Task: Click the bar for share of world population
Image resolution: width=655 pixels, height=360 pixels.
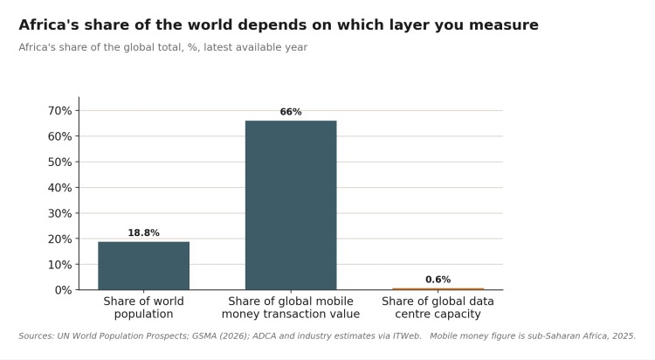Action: (144, 266)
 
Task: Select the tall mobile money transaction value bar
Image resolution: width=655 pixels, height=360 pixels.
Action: (291, 204)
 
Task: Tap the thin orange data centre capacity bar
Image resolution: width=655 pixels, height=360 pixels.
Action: (438, 289)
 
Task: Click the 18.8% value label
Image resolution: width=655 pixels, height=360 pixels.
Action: (144, 233)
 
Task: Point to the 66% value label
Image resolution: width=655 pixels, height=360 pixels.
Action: (291, 112)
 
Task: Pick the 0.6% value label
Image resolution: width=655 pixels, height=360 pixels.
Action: (438, 280)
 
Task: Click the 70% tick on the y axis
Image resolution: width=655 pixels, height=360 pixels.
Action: (59, 110)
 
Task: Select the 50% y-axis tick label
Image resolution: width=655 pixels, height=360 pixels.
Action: (59, 162)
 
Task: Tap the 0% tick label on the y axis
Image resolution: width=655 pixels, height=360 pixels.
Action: (63, 290)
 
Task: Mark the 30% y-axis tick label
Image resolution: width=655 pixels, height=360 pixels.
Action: (59, 213)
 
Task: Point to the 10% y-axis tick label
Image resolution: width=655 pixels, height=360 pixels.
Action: (59, 265)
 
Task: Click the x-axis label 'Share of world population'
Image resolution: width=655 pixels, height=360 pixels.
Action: (144, 308)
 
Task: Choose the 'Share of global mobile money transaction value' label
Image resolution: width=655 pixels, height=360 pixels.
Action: (291, 308)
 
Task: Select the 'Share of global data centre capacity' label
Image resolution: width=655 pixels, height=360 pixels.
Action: (438, 308)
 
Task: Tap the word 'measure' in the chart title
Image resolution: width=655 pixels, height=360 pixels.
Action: (503, 25)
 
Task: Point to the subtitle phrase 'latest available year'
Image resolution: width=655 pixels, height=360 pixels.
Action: (256, 47)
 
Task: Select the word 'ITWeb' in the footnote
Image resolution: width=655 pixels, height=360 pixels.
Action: (406, 336)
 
